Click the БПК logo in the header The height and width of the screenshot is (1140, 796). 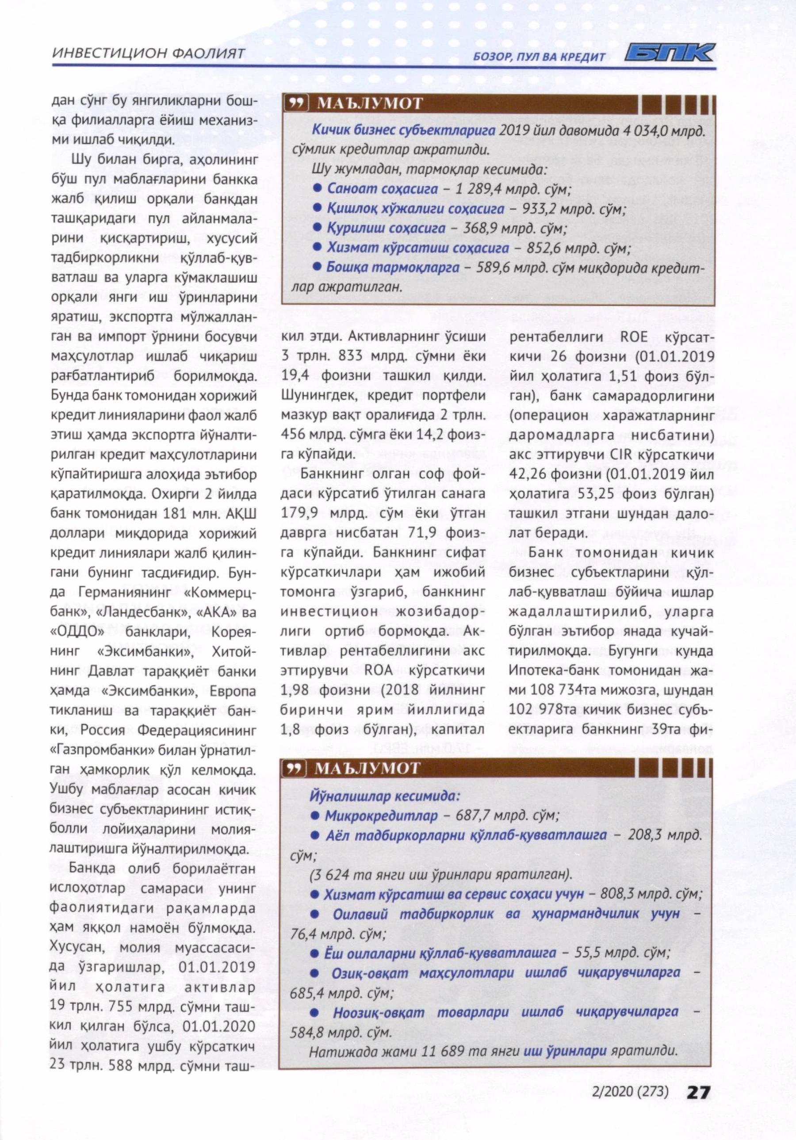click(x=669, y=53)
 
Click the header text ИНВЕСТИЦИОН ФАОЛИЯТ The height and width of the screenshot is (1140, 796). click(x=149, y=53)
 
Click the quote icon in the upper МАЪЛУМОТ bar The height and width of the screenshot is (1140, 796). click(x=297, y=103)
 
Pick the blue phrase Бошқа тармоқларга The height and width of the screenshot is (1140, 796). click(x=392, y=268)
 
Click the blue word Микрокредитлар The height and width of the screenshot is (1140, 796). click(x=381, y=816)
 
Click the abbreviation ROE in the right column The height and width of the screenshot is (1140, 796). click(x=634, y=337)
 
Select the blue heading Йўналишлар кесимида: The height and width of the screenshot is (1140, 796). click(x=385, y=796)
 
